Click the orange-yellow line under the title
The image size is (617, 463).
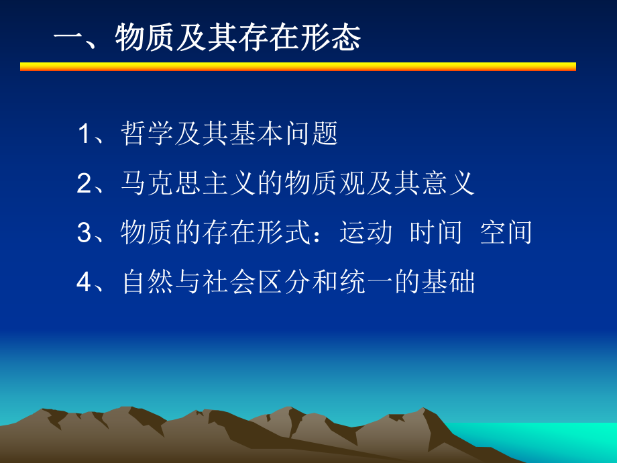[298, 66]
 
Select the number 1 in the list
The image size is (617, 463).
[85, 134]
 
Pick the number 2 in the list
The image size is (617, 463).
[85, 183]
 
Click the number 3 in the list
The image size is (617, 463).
[85, 233]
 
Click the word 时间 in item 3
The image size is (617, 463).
[437, 233]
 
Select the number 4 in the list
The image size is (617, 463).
[85, 282]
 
